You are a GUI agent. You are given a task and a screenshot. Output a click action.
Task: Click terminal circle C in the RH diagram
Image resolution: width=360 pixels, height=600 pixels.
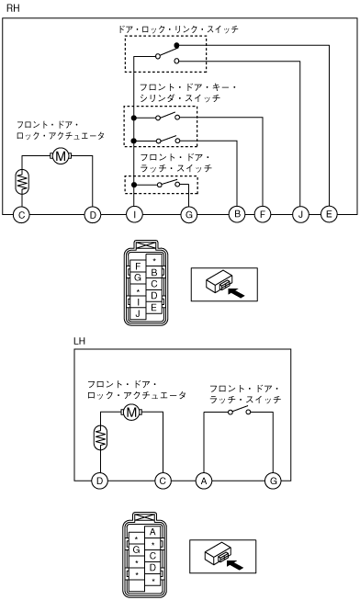[21, 215]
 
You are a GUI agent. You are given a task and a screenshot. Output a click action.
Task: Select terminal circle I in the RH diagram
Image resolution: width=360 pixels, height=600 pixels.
[134, 215]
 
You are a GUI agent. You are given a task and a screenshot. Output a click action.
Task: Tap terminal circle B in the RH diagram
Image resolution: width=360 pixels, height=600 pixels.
[237, 214]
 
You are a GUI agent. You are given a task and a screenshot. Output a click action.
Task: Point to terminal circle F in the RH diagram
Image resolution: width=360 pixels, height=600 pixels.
[263, 214]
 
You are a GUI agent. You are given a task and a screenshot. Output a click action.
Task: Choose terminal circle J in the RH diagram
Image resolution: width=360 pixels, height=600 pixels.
[300, 214]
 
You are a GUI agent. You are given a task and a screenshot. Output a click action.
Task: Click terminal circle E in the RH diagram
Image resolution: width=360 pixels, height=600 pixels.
[329, 214]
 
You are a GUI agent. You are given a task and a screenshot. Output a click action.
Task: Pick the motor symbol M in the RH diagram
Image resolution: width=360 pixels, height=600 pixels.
[61, 155]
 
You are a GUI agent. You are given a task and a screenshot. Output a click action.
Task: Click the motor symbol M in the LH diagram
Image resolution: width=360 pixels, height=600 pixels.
[131, 413]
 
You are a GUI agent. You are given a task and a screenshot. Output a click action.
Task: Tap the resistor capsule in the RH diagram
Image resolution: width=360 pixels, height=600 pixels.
[21, 181]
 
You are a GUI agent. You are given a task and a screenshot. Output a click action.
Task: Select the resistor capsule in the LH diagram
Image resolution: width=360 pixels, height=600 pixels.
[100, 437]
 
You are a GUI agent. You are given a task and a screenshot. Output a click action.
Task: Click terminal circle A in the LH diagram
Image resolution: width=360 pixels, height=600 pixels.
[204, 481]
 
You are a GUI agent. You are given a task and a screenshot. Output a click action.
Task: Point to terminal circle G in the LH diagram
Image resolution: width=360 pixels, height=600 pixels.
[273, 481]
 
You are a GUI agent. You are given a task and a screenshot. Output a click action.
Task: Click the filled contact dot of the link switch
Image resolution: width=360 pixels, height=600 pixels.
[176, 46]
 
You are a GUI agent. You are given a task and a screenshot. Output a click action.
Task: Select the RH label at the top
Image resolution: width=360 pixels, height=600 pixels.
[13, 8]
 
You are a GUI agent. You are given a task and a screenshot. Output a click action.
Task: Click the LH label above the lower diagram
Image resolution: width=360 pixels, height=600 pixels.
[79, 341]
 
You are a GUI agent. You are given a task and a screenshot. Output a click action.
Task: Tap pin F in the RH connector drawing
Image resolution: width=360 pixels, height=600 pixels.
[138, 266]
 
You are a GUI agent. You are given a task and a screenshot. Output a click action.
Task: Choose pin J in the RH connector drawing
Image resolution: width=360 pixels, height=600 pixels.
[138, 313]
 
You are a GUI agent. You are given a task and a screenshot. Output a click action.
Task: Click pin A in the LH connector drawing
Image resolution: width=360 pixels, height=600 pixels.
[152, 532]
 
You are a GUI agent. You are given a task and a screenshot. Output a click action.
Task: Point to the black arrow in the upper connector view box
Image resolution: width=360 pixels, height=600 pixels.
[235, 293]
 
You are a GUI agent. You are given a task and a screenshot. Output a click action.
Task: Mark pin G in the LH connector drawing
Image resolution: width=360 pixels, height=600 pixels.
[137, 549]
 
